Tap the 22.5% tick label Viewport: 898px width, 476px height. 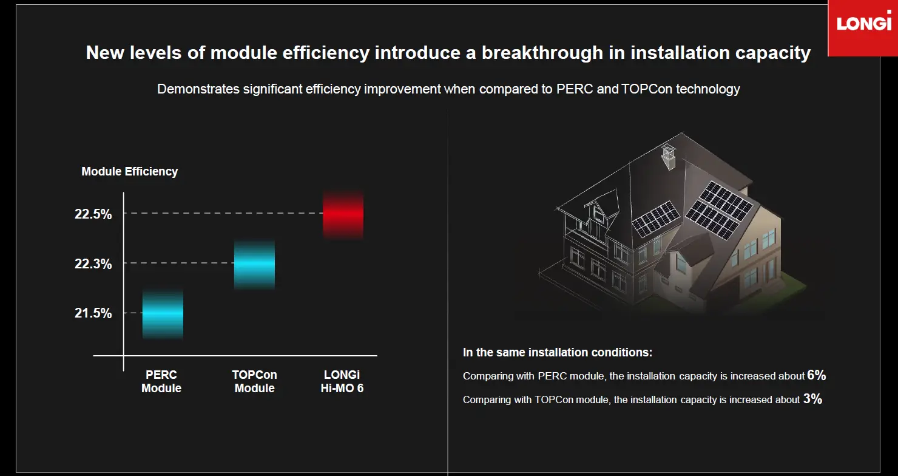click(93, 214)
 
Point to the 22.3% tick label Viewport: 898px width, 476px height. click(93, 263)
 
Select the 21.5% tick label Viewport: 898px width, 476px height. click(93, 313)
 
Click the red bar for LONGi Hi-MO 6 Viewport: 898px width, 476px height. click(343, 214)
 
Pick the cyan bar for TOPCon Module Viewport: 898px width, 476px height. click(254, 264)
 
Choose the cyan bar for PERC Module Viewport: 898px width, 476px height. click(162, 313)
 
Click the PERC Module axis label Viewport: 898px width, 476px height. click(161, 381)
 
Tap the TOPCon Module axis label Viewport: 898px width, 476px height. click(254, 381)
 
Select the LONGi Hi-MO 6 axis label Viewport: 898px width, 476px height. click(342, 381)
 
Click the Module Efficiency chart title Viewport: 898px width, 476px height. click(130, 171)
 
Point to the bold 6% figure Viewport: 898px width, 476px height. click(817, 375)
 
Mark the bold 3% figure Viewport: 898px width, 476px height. click(812, 399)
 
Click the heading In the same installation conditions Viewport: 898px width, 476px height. click(558, 352)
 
